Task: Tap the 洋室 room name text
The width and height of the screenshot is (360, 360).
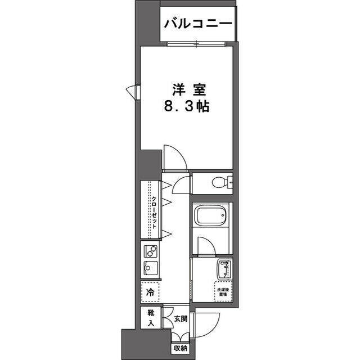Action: click(x=187, y=89)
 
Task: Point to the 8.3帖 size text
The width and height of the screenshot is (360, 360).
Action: click(x=187, y=106)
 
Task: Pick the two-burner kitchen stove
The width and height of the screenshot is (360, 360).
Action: click(x=150, y=250)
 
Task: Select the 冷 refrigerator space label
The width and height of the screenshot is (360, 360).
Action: click(x=150, y=292)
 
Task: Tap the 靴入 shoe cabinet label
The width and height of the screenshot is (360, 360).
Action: click(x=150, y=317)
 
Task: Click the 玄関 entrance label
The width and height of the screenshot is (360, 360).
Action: click(x=179, y=319)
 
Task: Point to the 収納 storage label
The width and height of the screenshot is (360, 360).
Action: click(x=180, y=348)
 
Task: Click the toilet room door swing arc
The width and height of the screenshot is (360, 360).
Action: click(x=180, y=184)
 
